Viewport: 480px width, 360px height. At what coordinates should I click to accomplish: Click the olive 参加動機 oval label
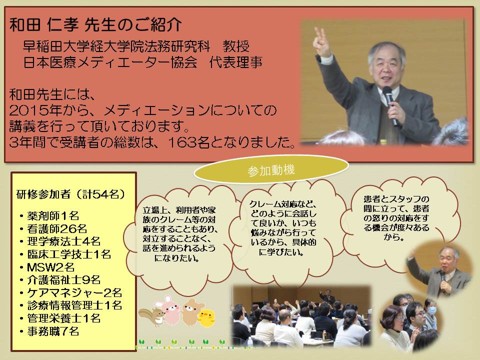pos(271,169)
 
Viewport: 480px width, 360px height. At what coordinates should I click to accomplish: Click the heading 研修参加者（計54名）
pos(71,194)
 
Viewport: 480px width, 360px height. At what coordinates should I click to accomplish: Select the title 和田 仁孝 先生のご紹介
pos(96,24)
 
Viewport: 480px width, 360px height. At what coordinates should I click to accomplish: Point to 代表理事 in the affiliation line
pos(235,63)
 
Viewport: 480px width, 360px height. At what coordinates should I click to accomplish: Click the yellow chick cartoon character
pos(206,318)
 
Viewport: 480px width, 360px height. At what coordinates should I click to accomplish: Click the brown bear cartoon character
pos(192,311)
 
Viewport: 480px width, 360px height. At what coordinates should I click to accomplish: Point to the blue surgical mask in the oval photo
pos(431,310)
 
